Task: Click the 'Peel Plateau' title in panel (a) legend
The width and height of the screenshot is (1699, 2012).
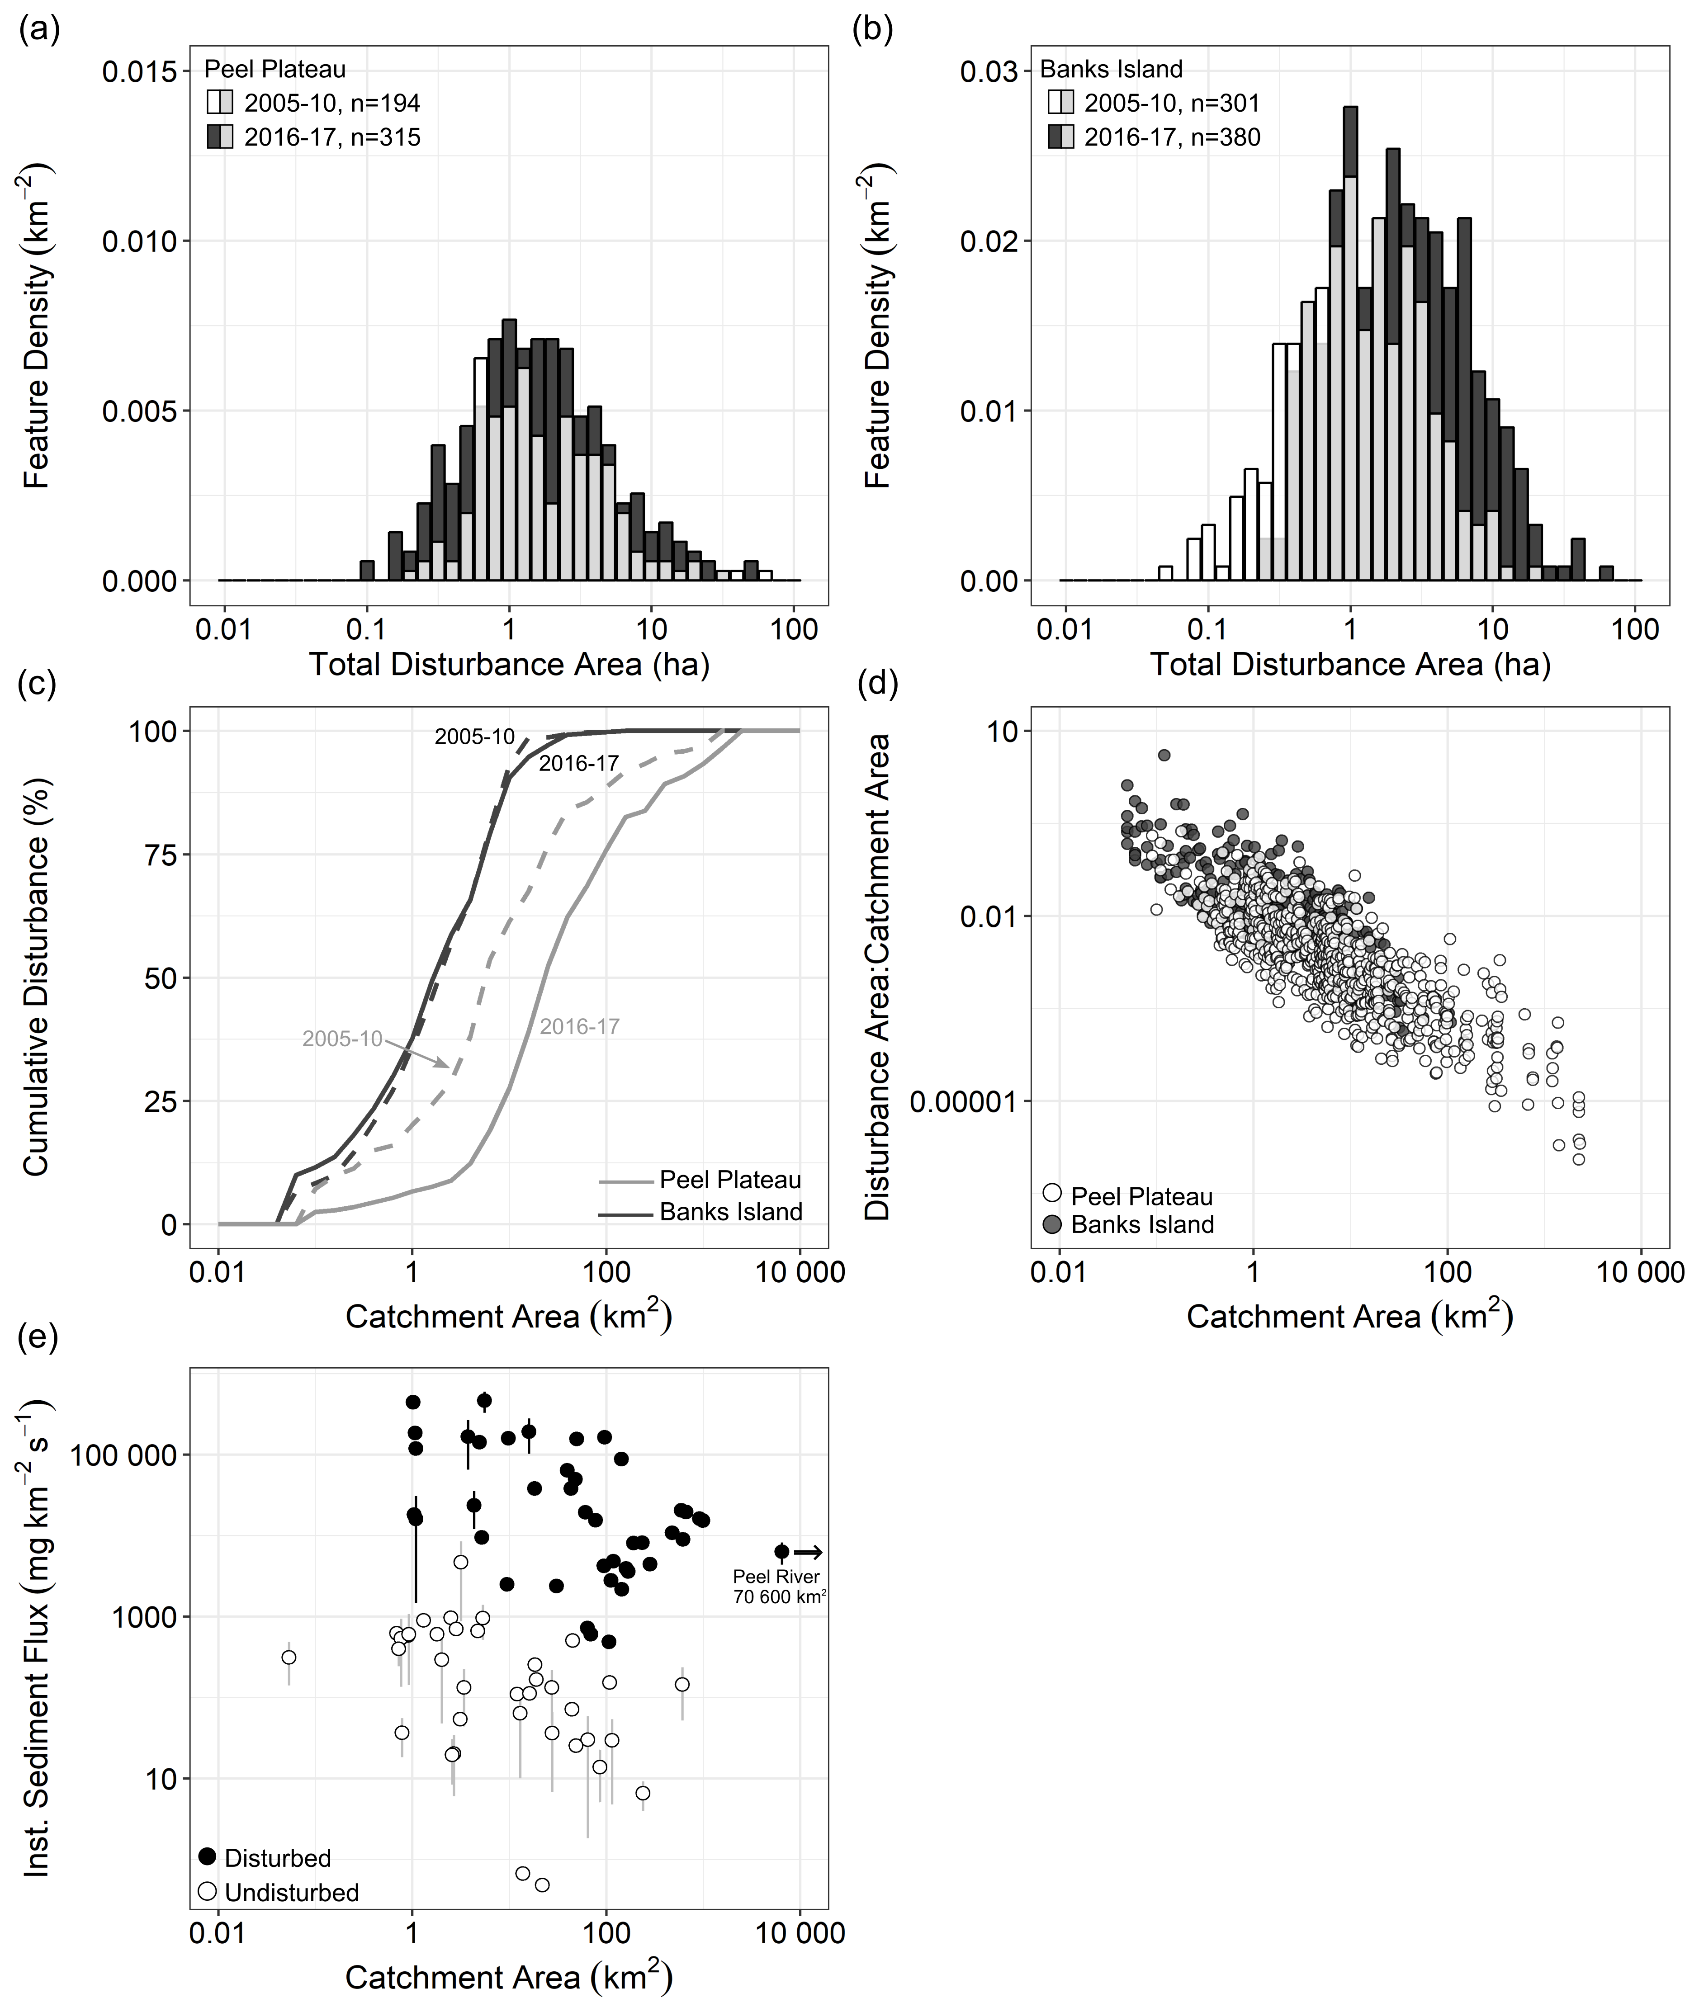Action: tap(275, 69)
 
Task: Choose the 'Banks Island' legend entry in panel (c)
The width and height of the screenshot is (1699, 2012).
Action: tap(730, 1212)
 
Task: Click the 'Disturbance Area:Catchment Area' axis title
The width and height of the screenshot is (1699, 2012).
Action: tap(876, 978)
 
